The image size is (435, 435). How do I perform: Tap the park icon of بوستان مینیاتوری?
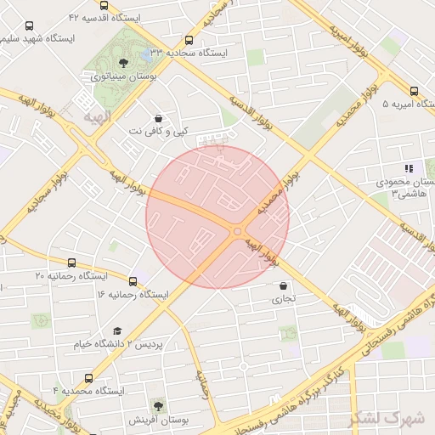coord(124,62)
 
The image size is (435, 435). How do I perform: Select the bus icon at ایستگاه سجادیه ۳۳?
coord(188,39)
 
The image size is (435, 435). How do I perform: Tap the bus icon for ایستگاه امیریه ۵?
coord(414,92)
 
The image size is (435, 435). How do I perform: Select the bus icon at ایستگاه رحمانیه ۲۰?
coord(71,263)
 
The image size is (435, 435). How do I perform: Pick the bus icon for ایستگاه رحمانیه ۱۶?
coord(133,281)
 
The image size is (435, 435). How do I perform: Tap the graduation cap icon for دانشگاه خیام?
coord(117,331)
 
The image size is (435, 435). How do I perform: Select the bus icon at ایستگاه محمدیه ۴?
coord(88,378)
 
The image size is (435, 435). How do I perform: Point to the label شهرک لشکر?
coord(392,418)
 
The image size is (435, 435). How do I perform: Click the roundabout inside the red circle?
coord(238,231)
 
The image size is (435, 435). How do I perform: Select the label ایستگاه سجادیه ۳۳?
coord(193,52)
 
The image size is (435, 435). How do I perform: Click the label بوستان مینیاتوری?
coord(122,76)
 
